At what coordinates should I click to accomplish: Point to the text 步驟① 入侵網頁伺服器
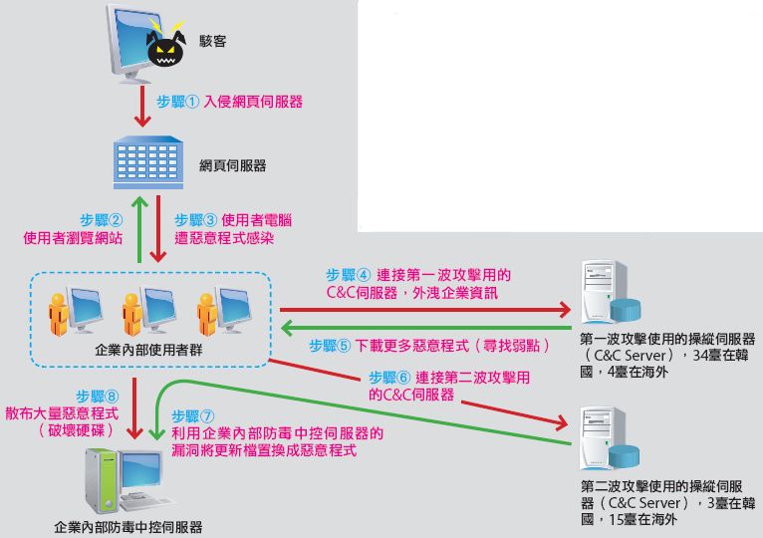230,102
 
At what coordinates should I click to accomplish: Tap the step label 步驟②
102,220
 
